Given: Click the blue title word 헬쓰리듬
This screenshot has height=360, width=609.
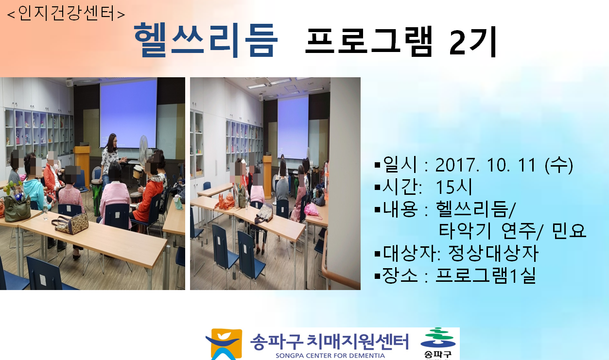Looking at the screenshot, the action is coord(206,40).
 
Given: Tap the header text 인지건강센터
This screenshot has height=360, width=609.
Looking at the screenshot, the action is coord(66,13).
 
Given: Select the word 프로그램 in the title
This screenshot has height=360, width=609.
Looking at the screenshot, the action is coord(369,40).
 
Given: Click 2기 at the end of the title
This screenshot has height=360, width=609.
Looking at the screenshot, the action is coord(473,41).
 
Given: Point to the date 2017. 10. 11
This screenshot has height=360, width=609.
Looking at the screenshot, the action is coord(486,165).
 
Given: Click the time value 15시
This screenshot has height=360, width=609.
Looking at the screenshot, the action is coord(454,187).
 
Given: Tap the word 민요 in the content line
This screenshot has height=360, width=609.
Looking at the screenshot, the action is coord(569,231).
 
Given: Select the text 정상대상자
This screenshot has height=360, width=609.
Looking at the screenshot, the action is coord(493,253).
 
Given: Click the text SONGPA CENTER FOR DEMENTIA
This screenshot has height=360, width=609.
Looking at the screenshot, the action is coord(330,356).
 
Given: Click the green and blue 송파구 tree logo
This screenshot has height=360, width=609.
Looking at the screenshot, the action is coord(438,343).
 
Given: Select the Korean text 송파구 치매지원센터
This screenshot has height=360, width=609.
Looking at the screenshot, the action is coord(329,342).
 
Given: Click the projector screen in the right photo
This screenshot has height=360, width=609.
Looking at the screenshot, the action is coord(293,128).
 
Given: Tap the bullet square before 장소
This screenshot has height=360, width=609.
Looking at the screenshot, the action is coord(377,276).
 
